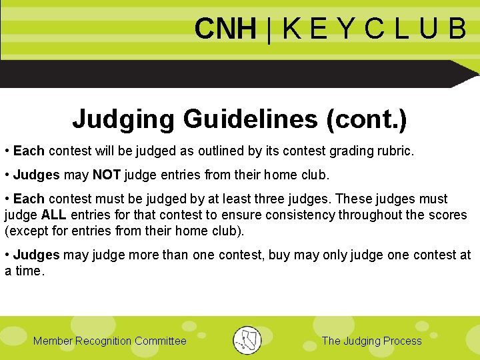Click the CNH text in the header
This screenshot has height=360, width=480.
pyautogui.click(x=225, y=29)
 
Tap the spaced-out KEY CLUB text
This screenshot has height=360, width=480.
pyautogui.click(x=374, y=29)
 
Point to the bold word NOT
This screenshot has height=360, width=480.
pyautogui.click(x=106, y=175)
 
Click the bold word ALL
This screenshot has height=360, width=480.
pyautogui.click(x=53, y=215)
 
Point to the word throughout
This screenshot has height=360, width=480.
pyautogui.click(x=371, y=215)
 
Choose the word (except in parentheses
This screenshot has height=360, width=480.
pyautogui.click(x=25, y=231)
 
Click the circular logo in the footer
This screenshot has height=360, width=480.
pyautogui.click(x=247, y=340)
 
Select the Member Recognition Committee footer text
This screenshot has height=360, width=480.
pyautogui.click(x=110, y=341)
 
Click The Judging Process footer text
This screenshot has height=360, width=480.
pyautogui.click(x=371, y=341)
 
